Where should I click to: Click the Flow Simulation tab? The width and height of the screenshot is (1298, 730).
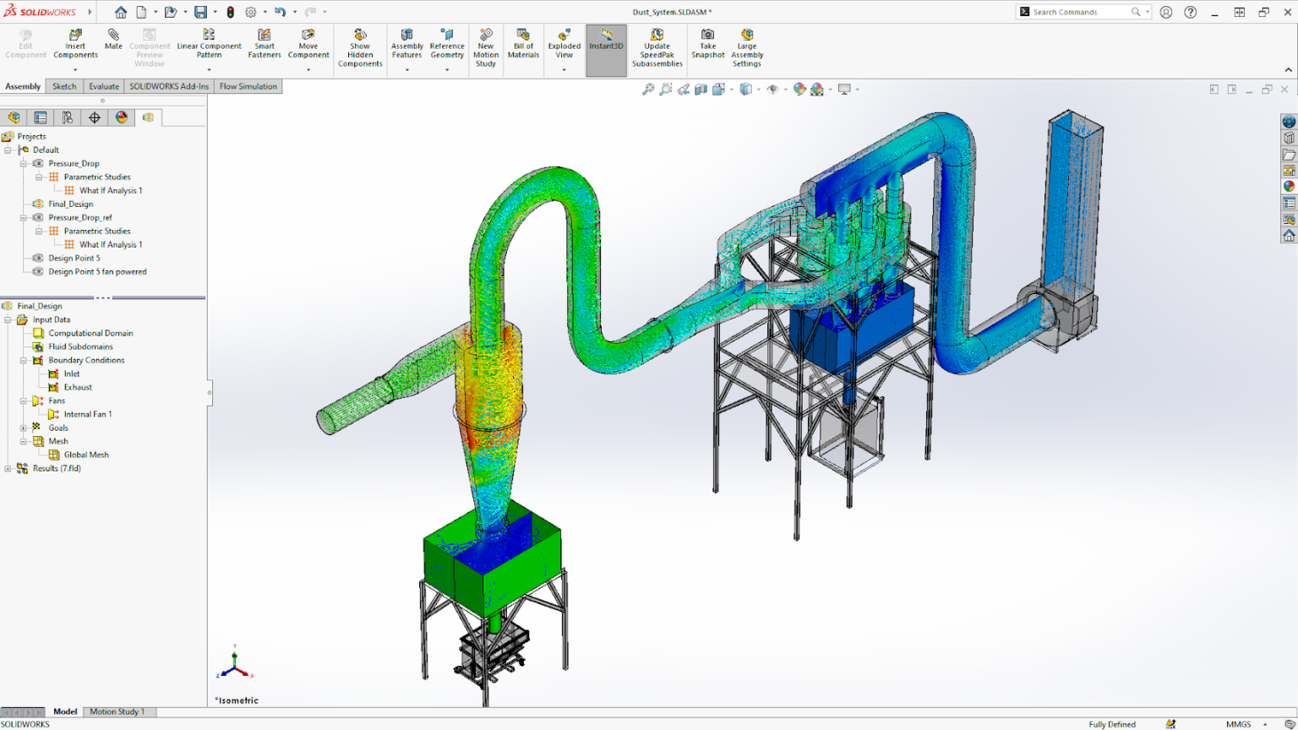[x=248, y=86]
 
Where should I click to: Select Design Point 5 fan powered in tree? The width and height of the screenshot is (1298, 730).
[x=97, y=272]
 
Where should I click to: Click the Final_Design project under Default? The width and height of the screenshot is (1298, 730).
[x=70, y=204]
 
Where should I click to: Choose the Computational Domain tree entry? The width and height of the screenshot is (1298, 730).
[x=90, y=334]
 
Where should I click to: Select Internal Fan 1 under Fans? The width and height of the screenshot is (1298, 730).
[x=87, y=415]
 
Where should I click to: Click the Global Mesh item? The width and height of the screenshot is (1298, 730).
[x=86, y=455]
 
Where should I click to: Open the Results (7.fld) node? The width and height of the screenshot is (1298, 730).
[x=57, y=469]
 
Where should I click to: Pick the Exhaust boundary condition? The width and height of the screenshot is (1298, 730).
[x=78, y=388]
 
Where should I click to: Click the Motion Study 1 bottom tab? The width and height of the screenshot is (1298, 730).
[x=117, y=712]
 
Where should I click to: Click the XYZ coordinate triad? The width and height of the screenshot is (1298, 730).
[x=234, y=664]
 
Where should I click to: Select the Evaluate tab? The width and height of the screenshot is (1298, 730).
[x=104, y=86]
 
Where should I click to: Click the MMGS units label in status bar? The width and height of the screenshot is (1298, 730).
[x=1238, y=724]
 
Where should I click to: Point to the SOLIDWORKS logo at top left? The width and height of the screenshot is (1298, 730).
[x=40, y=12]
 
